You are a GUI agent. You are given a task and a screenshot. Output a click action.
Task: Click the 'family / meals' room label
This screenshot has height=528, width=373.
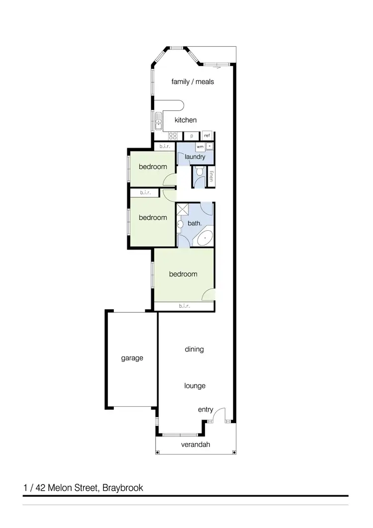192,82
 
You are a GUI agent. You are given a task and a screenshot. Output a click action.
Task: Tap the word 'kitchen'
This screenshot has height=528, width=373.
186,120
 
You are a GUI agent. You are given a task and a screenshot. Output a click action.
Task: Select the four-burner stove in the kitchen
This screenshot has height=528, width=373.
173,135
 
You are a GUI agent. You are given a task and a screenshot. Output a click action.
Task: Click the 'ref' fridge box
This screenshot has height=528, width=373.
207,135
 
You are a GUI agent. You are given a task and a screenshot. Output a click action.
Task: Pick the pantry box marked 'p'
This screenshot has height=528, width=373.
191,135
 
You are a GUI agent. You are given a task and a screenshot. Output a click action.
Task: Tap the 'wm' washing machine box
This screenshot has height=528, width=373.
199,147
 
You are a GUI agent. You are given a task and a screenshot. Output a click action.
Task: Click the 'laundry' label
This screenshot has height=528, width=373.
195,157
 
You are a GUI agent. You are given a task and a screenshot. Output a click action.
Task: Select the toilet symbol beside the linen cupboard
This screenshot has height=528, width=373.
199,172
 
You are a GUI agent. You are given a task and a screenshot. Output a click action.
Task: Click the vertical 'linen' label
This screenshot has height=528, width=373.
211,176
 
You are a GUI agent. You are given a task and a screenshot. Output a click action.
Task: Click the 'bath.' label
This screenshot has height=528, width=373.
194,223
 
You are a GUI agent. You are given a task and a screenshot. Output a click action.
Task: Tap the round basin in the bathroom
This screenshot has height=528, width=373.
180,224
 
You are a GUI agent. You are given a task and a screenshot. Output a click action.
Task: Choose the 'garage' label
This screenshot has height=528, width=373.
132,358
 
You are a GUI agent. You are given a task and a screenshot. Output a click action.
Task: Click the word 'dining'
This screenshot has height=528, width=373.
194,349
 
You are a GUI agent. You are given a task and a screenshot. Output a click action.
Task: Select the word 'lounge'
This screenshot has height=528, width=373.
194,386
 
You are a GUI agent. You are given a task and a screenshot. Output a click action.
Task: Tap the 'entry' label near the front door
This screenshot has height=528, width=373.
205,410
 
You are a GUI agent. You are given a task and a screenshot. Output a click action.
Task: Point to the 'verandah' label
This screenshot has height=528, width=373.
195,444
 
